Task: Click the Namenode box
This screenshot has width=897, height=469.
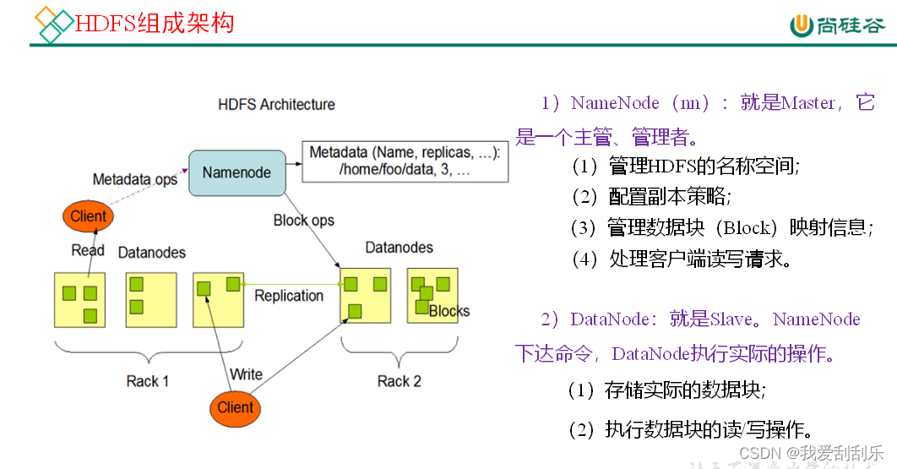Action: [x=236, y=173]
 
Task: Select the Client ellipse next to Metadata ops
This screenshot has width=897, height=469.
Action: [x=88, y=216]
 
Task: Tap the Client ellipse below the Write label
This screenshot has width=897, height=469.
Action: [x=235, y=407]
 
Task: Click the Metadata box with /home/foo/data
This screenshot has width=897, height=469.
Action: [x=405, y=161]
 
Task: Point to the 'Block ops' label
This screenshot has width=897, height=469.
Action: [x=303, y=221]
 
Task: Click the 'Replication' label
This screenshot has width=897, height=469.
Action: [x=289, y=296]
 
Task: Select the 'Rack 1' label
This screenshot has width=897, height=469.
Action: [x=148, y=381]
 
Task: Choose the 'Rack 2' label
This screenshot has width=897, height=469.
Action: [x=399, y=381]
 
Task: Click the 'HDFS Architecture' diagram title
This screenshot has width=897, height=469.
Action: [x=276, y=105]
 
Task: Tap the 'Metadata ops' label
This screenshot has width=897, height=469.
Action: [x=135, y=179]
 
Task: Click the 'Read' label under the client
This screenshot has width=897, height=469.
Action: [x=88, y=250]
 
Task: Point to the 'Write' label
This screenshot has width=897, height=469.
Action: [x=246, y=374]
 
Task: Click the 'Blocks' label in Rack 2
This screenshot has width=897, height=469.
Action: [x=448, y=311]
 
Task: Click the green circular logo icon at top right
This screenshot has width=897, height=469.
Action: [x=802, y=25]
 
